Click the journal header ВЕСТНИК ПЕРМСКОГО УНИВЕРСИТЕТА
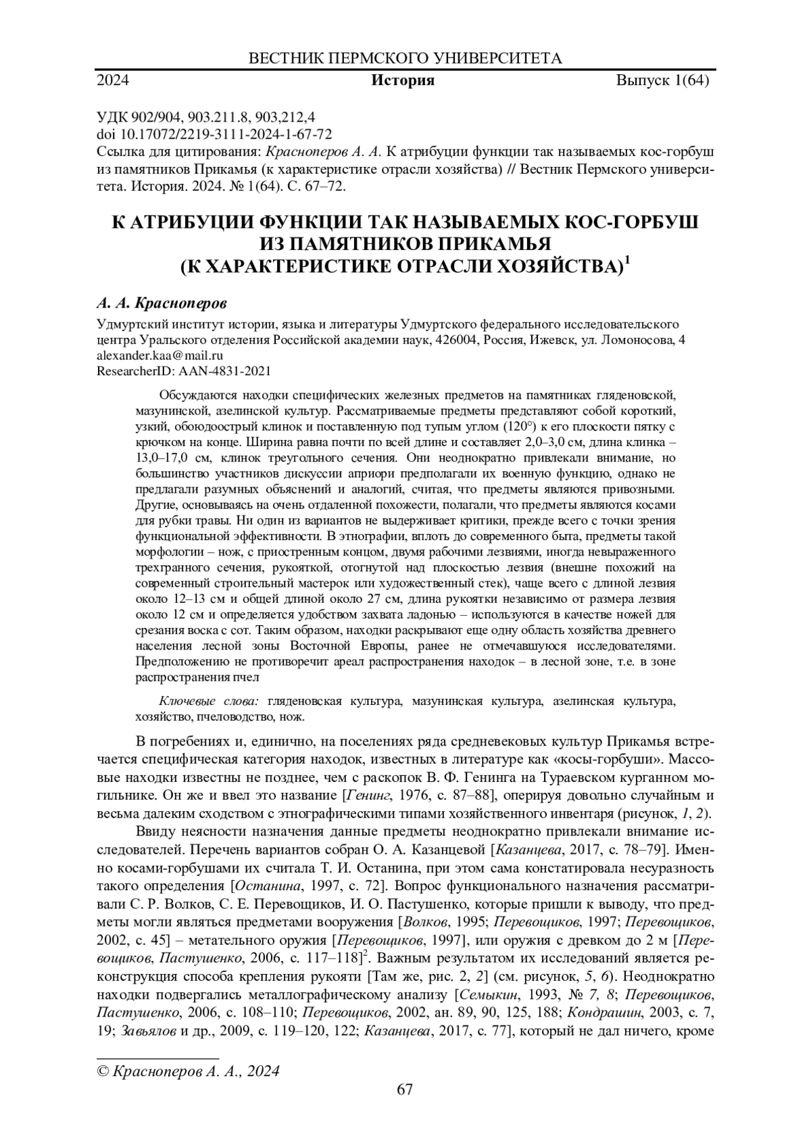[405, 58]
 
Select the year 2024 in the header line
[114, 81]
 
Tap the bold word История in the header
[403, 81]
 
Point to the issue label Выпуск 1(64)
[662, 81]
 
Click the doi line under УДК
[214, 134]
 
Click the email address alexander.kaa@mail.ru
[160, 355]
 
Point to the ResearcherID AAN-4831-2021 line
[184, 370]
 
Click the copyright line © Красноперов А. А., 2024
[189, 1071]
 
